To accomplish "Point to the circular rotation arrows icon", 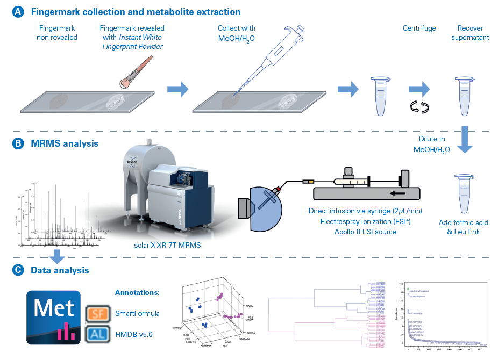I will click(x=418, y=107).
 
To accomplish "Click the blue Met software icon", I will click(x=54, y=317).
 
